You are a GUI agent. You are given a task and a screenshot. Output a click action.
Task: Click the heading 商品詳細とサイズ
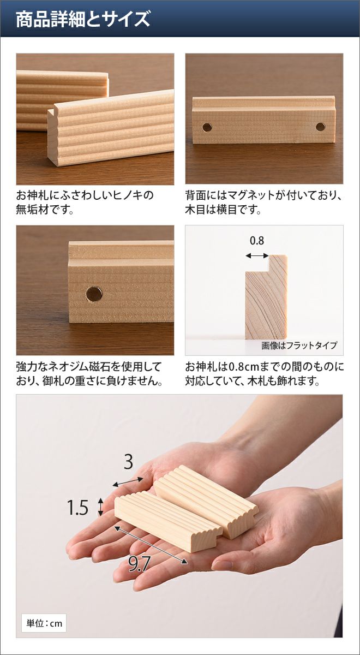[83, 19]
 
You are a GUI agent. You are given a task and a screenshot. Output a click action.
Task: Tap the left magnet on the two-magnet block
[207, 127]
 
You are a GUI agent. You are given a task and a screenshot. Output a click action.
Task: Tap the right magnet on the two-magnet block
[321, 127]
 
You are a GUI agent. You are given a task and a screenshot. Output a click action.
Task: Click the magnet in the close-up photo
[94, 294]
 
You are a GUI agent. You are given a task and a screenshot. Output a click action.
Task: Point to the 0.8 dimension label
[257, 241]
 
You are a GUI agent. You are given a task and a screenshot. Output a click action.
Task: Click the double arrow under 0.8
[257, 256]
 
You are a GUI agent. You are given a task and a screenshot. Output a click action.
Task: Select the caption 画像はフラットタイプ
[299, 346]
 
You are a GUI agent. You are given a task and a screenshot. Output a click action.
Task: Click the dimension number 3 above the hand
[128, 462]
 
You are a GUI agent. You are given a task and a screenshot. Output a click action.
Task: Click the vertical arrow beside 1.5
[100, 507]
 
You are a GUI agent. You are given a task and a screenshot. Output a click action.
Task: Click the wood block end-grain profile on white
[266, 297]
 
